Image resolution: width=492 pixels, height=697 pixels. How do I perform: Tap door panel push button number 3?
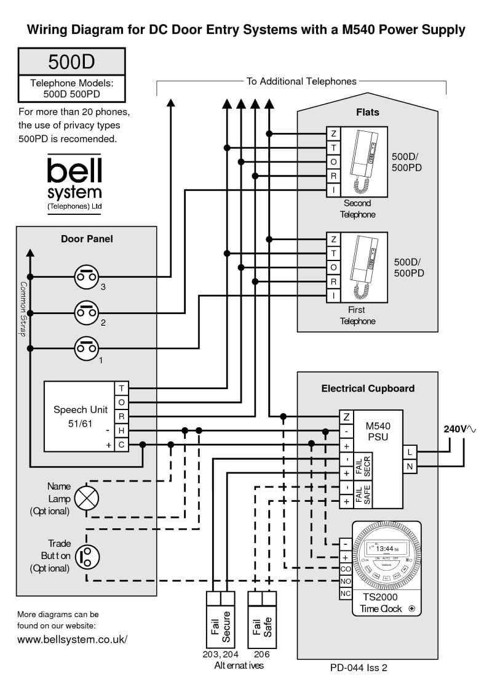click(87, 278)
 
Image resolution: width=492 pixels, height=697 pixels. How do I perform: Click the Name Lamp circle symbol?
click(87, 498)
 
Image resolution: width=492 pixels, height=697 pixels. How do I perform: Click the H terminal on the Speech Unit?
click(122, 430)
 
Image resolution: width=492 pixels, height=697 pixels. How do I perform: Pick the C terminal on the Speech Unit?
click(122, 445)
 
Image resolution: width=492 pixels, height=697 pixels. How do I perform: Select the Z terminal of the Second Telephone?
click(333, 134)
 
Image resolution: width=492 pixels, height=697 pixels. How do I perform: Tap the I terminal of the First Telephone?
click(333, 296)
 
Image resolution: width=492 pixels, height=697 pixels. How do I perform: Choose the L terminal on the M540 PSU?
click(410, 453)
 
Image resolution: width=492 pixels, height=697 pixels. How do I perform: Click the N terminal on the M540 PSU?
click(410, 467)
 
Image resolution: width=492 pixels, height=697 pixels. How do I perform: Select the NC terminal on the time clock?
click(346, 594)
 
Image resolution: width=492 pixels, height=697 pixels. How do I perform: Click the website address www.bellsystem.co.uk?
click(72, 639)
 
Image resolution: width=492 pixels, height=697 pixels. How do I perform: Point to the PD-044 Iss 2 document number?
click(359, 667)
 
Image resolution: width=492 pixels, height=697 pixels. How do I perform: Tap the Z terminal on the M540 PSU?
click(347, 417)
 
